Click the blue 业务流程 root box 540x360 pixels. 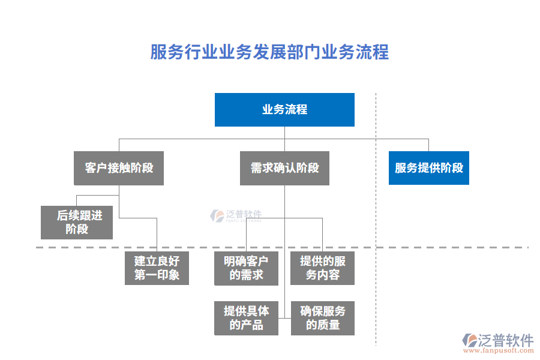coord(284,110)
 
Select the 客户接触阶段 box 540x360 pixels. coord(119,168)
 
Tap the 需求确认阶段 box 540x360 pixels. coord(284,168)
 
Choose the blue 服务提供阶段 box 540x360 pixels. coord(428,168)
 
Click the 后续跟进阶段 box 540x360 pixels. coord(77,223)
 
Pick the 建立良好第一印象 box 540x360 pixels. coord(157,268)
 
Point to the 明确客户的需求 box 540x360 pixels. coord(246,268)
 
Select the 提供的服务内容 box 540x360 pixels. coord(323,268)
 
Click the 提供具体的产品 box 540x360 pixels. coord(246,318)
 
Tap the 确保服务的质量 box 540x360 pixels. coord(323,318)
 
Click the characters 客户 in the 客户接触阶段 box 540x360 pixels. coord(96,168)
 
